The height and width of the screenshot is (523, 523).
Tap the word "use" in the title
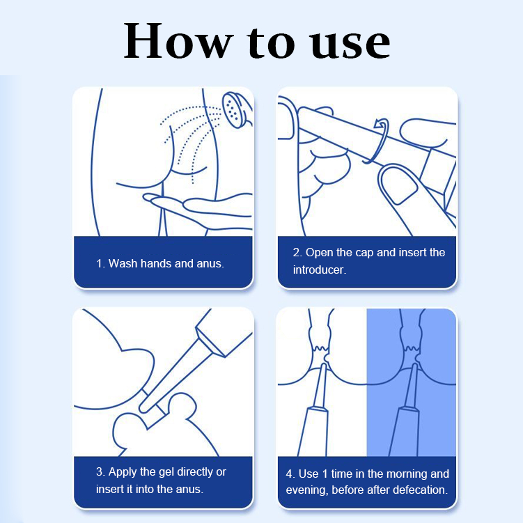pyautogui.click(x=350, y=45)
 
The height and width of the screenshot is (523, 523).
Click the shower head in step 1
pyautogui.click(x=236, y=109)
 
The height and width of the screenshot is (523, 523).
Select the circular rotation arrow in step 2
pyautogui.click(x=377, y=141)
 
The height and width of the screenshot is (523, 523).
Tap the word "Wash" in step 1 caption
pyautogui.click(x=123, y=263)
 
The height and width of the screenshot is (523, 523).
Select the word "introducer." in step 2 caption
pyautogui.click(x=320, y=270)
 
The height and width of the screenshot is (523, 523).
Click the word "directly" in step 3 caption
pyautogui.click(x=194, y=472)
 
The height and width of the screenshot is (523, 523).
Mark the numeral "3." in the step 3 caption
pyautogui.click(x=101, y=472)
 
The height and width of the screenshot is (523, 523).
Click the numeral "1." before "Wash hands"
pyautogui.click(x=101, y=264)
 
